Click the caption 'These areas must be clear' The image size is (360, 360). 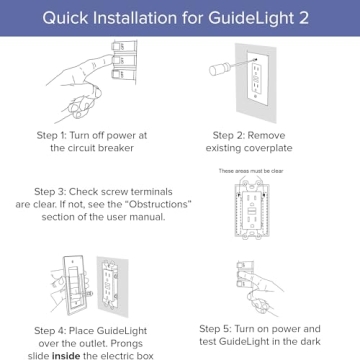click(x=251, y=171)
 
